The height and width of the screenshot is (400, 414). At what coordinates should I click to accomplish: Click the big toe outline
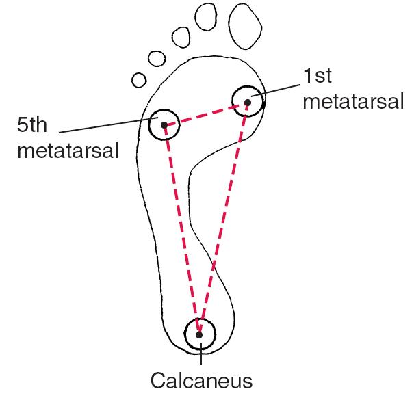[229, 27]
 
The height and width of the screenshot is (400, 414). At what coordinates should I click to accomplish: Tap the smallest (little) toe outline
[132, 80]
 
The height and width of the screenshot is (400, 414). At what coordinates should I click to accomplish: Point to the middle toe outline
[172, 37]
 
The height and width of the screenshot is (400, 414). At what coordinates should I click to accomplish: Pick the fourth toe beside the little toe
[148, 59]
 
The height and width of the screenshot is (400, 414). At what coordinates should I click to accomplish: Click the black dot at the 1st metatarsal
[248, 102]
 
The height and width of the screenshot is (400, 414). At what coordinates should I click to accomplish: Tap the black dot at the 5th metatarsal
[164, 125]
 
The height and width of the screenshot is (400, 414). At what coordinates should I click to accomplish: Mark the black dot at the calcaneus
[199, 335]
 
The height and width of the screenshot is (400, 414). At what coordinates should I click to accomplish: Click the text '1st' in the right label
[318, 76]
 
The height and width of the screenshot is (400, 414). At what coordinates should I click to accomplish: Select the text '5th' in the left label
[32, 124]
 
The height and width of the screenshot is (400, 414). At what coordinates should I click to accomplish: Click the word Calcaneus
[201, 380]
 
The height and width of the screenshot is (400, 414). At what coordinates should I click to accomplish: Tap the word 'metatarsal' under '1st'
[353, 101]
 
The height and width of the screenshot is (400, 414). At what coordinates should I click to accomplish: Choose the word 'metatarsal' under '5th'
[68, 150]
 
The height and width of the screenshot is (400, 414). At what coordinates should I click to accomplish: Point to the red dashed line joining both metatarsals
[206, 114]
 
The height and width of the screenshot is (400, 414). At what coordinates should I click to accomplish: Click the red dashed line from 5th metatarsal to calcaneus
[181, 230]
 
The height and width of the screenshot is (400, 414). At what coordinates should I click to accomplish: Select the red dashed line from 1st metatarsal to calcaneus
[223, 219]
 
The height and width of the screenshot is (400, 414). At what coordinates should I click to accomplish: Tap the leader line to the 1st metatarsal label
[275, 90]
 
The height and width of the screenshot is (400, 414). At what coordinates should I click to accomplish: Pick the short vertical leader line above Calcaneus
[201, 354]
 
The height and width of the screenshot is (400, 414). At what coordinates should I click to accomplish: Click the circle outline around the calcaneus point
[184, 334]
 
